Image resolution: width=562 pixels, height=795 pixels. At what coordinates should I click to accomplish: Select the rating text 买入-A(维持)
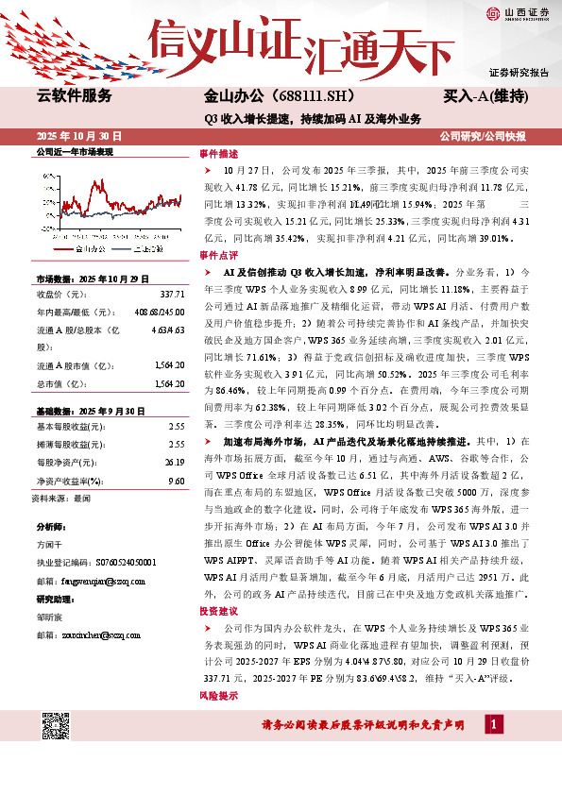[x=485, y=97]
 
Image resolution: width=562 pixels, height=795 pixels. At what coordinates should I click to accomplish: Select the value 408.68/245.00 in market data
[x=160, y=310]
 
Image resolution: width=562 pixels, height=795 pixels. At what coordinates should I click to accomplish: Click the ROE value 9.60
[x=175, y=480]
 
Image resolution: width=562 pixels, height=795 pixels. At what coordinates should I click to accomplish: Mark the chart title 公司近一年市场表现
[x=75, y=152]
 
